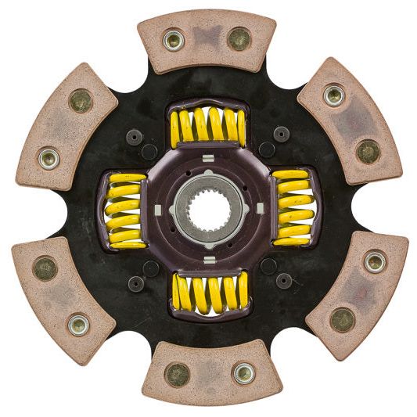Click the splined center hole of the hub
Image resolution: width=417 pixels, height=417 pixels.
[208, 209]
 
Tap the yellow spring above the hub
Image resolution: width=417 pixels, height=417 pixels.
[208, 127]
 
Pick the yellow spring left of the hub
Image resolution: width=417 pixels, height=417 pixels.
[126, 210]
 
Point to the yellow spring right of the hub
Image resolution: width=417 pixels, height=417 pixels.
[291, 208]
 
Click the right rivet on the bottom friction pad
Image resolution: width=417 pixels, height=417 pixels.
[243, 373]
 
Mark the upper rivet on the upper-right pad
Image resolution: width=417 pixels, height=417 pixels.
[334, 95]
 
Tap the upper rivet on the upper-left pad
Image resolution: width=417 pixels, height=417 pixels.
[81, 100]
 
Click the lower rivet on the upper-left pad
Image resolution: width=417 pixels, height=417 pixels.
[49, 157]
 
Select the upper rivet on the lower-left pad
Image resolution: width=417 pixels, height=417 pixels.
[45, 268]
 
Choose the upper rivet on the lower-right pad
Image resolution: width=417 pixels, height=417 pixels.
[374, 262]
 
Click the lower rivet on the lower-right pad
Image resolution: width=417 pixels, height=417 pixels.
[342, 319]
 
